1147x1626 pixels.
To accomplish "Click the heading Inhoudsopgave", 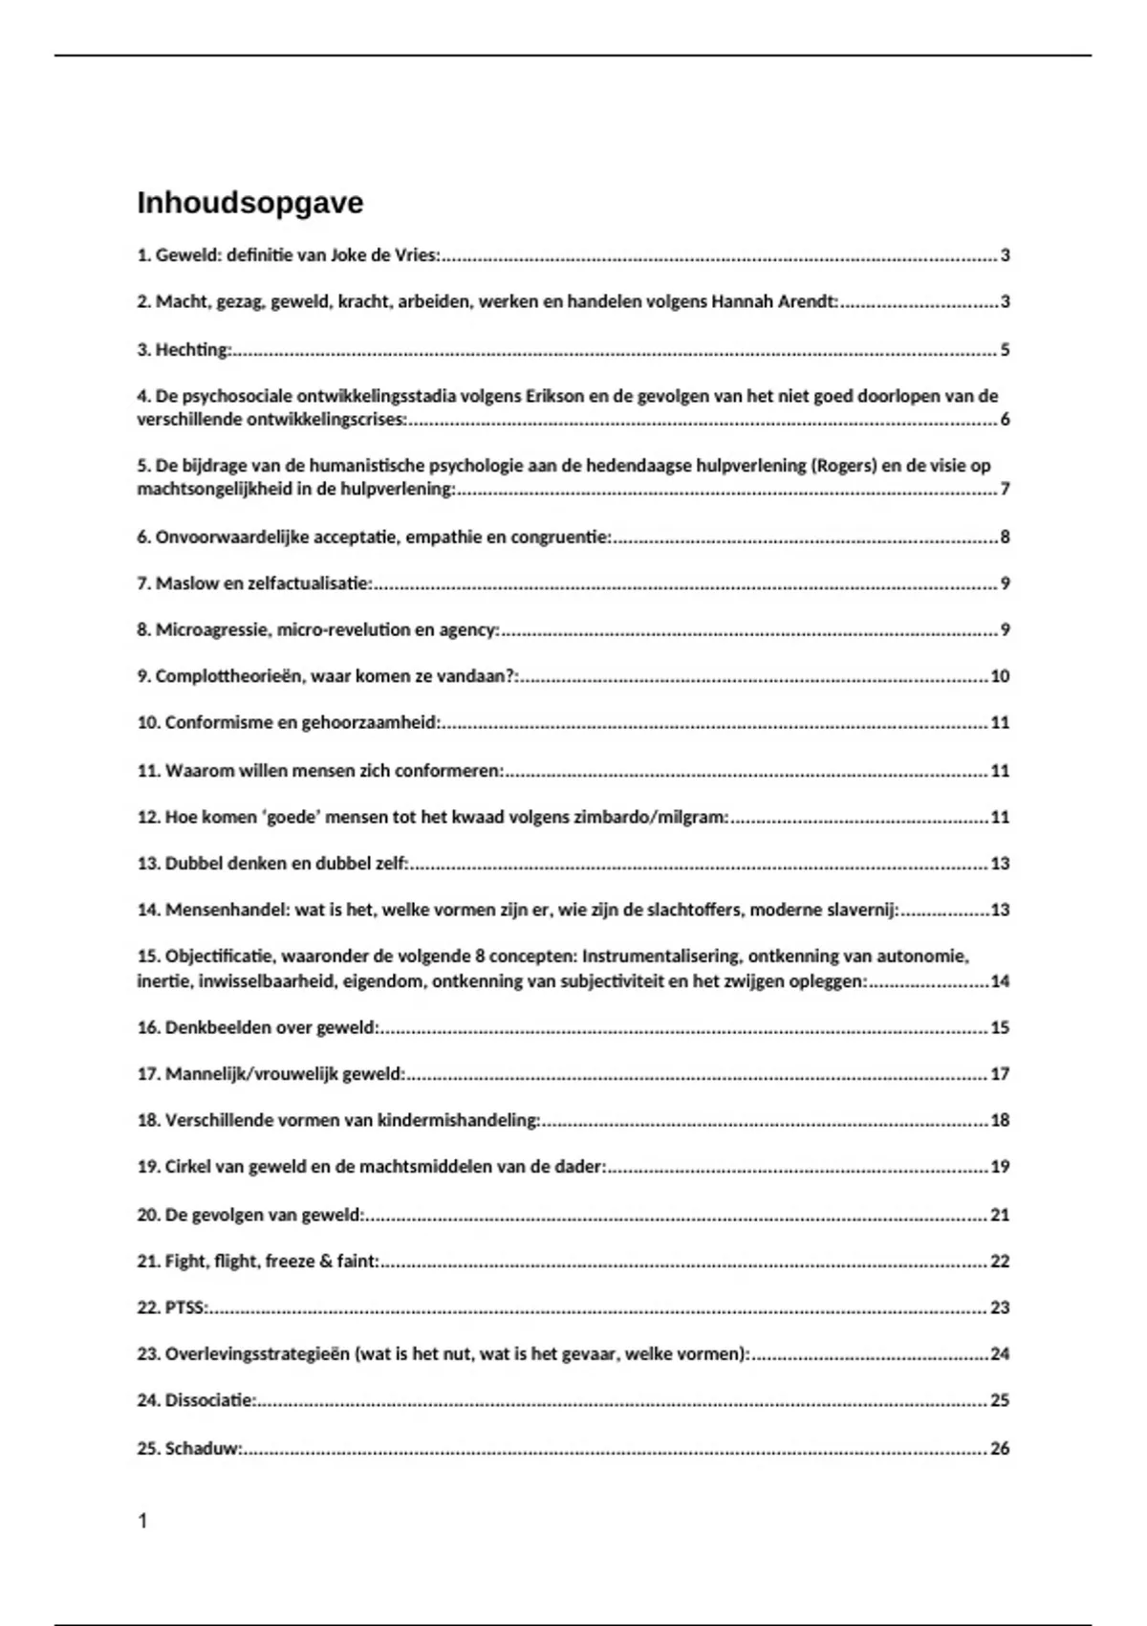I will [249, 204].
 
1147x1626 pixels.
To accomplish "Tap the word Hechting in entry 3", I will [192, 350].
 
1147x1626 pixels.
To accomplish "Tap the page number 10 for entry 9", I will [1000, 676].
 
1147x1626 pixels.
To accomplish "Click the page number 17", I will [1000, 1074].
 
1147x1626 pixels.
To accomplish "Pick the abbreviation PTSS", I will [184, 1307].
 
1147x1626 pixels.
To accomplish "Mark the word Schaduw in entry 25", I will [202, 1448].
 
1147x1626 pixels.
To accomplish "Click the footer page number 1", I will [143, 1521].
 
